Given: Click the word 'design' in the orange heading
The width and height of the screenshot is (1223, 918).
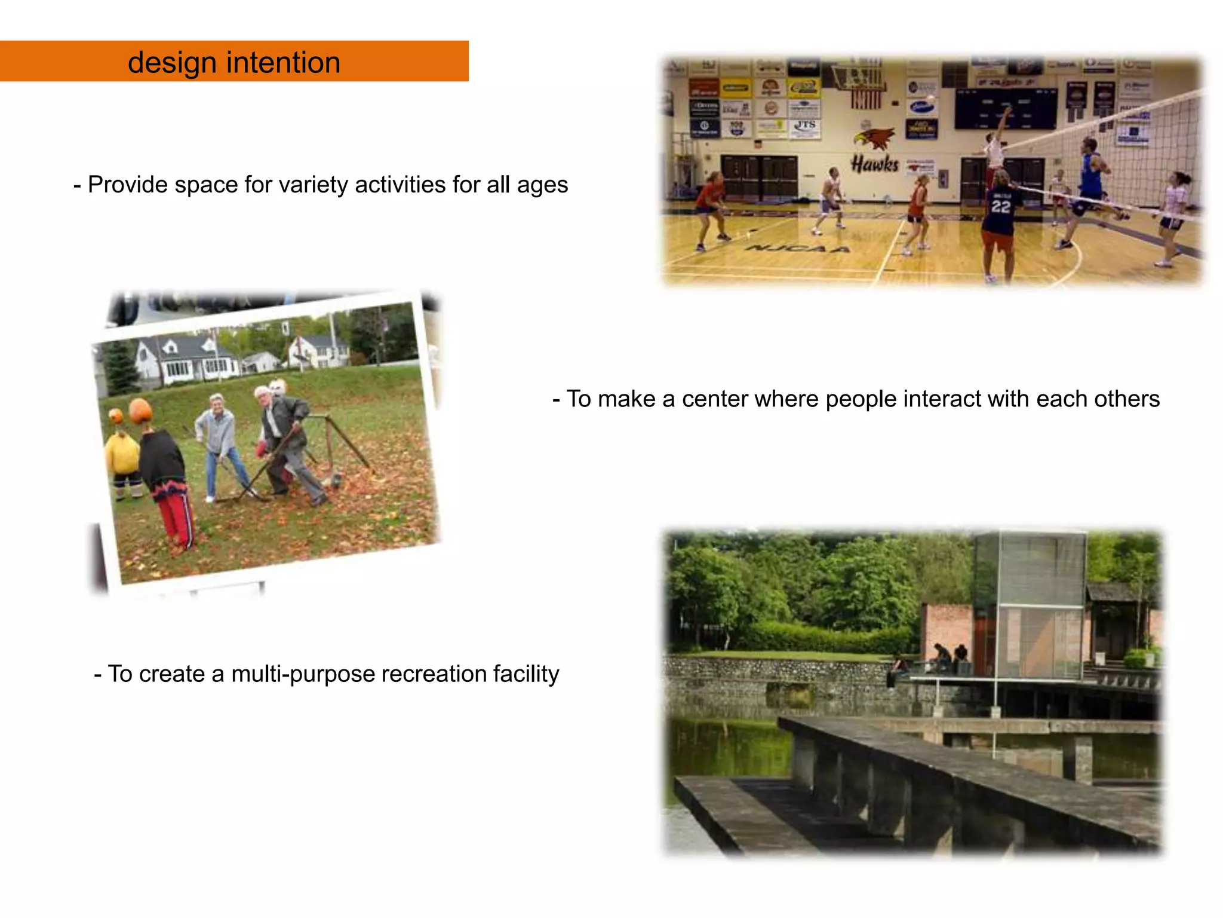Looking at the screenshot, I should (x=172, y=63).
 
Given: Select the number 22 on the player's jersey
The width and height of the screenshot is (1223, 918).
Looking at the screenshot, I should (x=1000, y=207).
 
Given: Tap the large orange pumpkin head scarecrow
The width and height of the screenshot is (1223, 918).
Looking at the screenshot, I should (x=141, y=411).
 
